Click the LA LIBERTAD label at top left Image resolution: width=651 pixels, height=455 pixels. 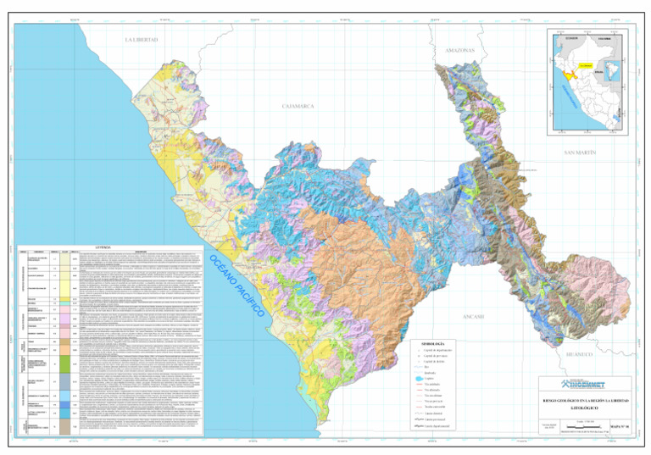(142, 40)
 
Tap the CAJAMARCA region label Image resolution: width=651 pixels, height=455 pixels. (298, 106)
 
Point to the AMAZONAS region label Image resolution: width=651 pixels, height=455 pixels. (459, 51)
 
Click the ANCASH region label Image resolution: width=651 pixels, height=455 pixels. (472, 316)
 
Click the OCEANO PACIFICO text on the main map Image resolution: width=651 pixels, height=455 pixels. (237, 284)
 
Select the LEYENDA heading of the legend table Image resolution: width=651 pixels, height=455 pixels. (110, 247)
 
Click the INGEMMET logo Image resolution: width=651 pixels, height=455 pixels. (586, 383)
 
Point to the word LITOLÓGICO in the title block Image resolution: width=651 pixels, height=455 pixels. (586, 407)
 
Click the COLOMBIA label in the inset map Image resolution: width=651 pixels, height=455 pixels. (603, 38)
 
